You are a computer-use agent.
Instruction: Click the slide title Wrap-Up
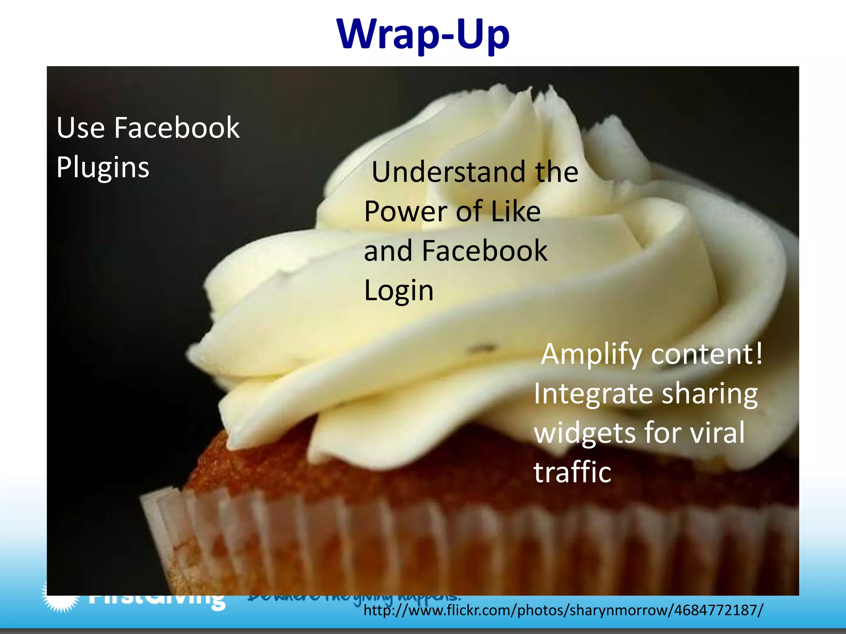pos(423,35)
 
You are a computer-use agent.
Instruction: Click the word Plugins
pos(103,168)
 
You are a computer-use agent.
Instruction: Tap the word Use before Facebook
pos(81,128)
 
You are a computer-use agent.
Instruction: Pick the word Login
pos(399,291)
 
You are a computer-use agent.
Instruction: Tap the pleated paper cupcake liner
pos(413,549)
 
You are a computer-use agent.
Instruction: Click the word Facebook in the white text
pos(176,128)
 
